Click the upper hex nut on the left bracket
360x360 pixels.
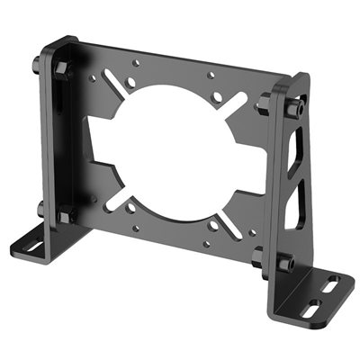click(x=61, y=69)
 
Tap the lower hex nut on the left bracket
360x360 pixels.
click(x=65, y=216)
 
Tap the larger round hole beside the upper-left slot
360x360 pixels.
click(x=131, y=82)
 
